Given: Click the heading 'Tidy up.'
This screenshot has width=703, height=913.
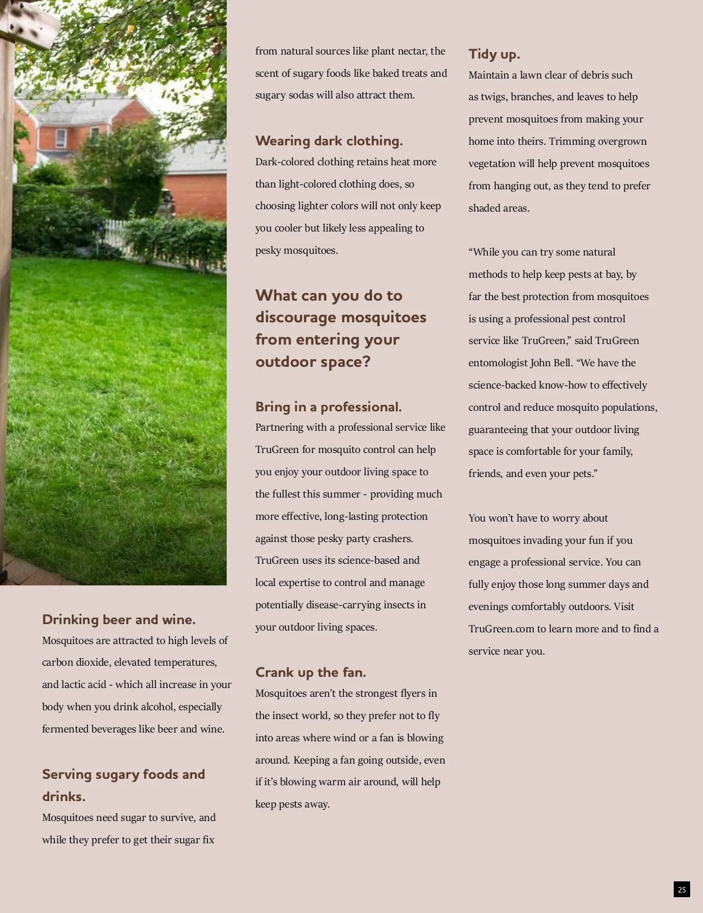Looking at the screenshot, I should coord(494,54).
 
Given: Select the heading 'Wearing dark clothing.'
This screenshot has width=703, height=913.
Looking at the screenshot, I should coord(329,141).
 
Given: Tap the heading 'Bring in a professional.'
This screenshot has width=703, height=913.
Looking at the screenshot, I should coord(328,407).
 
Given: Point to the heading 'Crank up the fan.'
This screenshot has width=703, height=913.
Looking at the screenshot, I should coord(310,673).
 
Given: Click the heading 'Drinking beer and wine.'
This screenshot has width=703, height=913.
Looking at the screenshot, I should coord(118,620).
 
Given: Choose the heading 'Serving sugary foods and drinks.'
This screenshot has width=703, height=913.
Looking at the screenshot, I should coord(123,785).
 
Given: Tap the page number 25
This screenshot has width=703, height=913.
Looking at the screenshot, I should coord(681,890).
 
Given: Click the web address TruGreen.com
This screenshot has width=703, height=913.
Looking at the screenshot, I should coord(501,629).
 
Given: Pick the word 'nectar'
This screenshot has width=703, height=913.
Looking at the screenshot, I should coord(412,51).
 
